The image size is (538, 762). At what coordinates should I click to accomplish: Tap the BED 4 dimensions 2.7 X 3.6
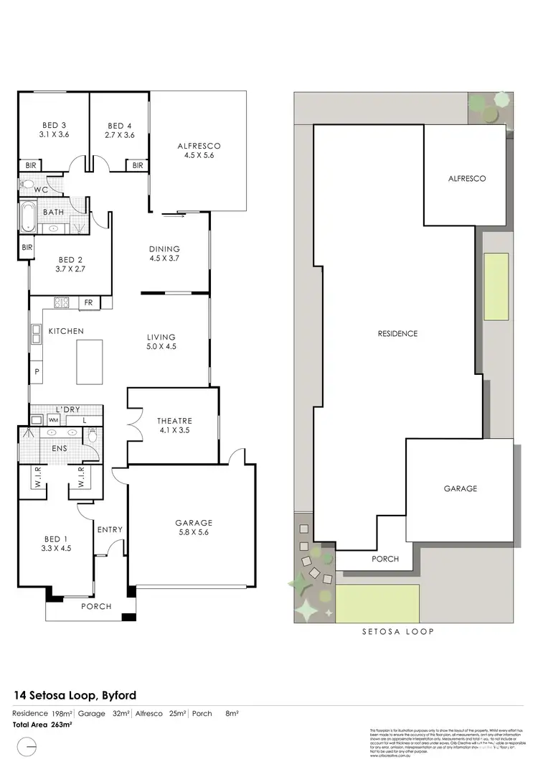120,134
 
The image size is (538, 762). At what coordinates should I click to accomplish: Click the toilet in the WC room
26,185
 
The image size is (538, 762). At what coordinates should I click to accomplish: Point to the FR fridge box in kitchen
89,303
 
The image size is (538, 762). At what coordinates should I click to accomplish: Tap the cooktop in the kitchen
61,303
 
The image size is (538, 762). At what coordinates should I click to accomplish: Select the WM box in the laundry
54,419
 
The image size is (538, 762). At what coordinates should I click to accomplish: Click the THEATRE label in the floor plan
174,420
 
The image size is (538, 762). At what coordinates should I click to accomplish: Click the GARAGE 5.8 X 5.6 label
193,528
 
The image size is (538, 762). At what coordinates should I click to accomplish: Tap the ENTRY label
110,530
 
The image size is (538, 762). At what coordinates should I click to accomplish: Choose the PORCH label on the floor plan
96,606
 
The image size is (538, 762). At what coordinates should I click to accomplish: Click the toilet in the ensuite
92,435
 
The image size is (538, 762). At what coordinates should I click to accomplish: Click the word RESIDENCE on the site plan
397,333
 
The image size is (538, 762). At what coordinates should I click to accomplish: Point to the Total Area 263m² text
43,725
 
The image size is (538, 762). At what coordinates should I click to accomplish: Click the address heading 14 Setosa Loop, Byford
75,695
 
